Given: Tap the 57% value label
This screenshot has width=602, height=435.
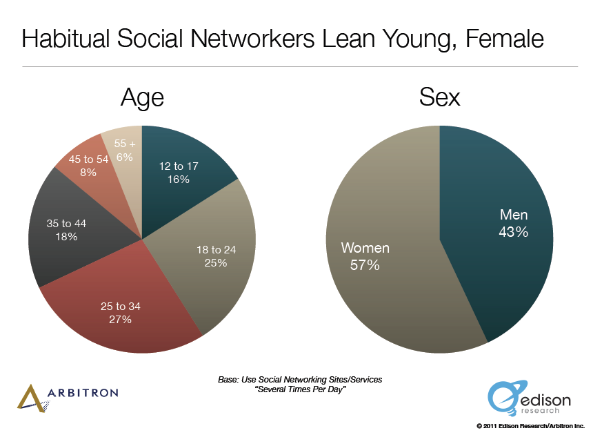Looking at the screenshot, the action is point(365,265).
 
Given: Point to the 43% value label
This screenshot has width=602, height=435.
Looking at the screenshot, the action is point(513,232).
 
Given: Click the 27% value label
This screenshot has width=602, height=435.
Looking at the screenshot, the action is point(120,319).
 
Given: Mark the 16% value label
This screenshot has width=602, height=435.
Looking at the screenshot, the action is point(179,179).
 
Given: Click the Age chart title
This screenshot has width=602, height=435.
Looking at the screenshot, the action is point(143,98).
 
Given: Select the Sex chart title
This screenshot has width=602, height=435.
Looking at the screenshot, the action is point(439,97).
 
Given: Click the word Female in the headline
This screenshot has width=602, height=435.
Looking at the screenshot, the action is point(505,39).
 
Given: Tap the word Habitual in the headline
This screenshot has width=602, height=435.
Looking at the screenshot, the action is point(66,39).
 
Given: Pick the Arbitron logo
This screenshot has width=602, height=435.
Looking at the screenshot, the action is point(68,398).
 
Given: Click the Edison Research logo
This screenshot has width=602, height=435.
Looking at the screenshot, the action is point(529,398).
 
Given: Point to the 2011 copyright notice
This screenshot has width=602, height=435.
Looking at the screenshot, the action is point(530,426).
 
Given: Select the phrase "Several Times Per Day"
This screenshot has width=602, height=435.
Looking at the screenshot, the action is point(300,389).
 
